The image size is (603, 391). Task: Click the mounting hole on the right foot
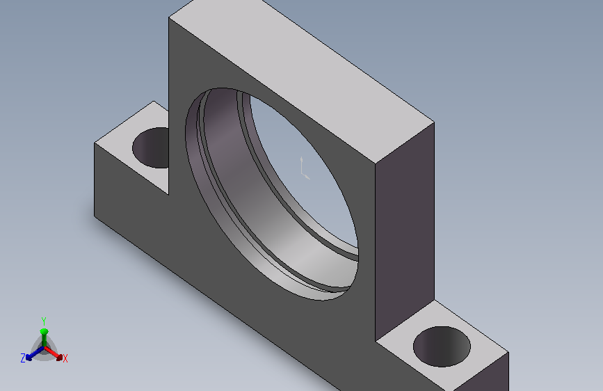click(x=442, y=346)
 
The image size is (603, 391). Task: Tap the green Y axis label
click(x=44, y=321)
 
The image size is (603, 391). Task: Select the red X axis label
click(x=65, y=359)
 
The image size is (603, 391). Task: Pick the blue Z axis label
click(x=23, y=358)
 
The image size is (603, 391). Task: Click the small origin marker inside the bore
click(x=305, y=168)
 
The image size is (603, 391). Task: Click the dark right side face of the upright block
click(x=405, y=231)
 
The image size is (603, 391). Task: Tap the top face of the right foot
click(x=442, y=346)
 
